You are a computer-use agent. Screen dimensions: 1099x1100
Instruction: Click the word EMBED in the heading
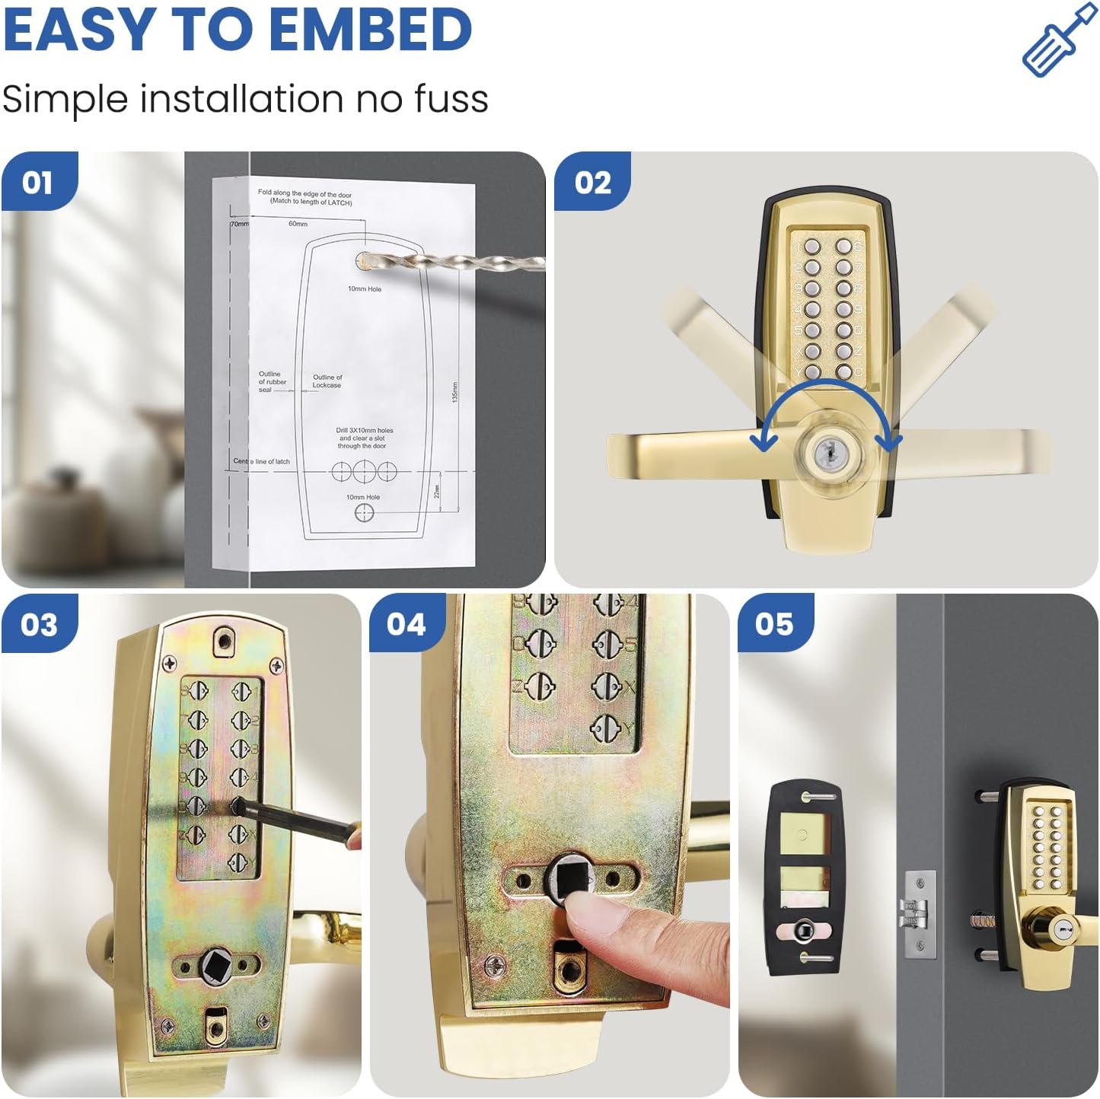coord(371,29)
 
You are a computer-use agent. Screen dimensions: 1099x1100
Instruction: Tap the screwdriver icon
coord(1059,40)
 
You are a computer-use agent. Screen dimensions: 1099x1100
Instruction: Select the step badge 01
coord(38,183)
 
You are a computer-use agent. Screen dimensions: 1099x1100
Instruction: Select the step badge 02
coord(592,183)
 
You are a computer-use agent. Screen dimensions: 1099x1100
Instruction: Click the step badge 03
coord(39,625)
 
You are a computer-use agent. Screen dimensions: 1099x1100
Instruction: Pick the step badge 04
coord(407,625)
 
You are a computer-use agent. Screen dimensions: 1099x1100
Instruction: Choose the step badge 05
coord(774,625)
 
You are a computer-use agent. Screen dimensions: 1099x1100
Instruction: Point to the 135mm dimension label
coord(455,392)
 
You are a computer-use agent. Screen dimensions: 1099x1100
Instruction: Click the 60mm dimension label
coord(298,224)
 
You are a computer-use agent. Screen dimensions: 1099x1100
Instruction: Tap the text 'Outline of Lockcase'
coord(327,381)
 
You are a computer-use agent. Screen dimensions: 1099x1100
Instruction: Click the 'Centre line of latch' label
coord(261,461)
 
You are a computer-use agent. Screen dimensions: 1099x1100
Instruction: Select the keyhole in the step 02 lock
coord(825,454)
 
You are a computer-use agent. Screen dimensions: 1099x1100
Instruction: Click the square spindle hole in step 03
coord(212,966)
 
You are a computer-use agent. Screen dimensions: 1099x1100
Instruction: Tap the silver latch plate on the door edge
coord(920,914)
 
